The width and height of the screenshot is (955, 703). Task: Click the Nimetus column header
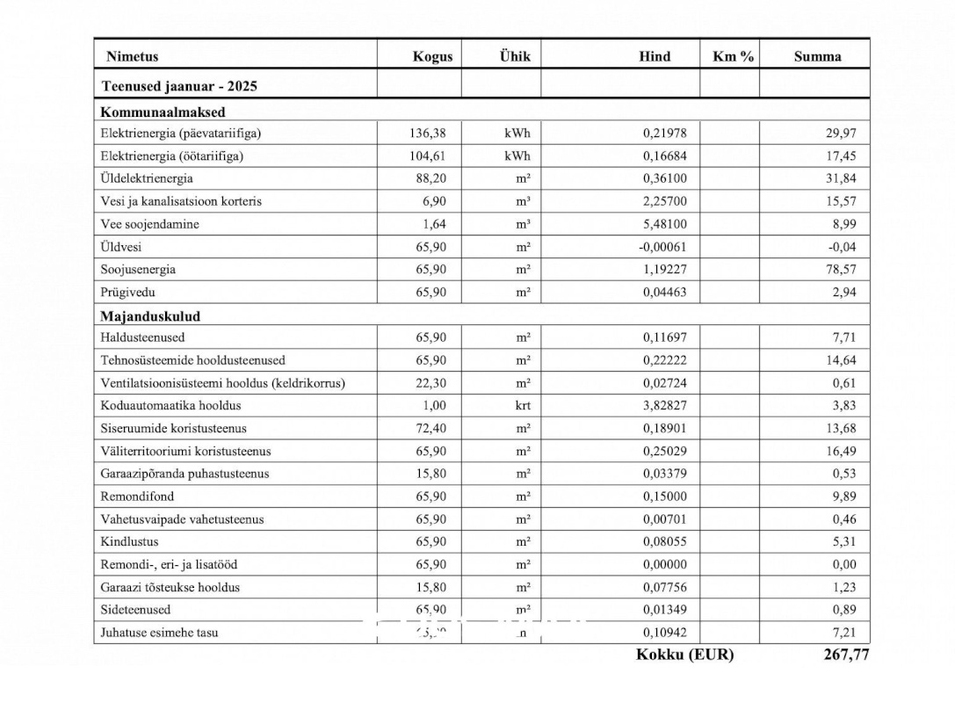click(x=133, y=56)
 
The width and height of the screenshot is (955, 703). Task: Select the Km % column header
click(x=733, y=56)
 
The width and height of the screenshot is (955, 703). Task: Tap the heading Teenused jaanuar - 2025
click(x=179, y=86)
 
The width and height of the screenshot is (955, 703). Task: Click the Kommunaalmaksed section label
click(x=163, y=112)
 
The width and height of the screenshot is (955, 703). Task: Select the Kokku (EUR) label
click(x=684, y=655)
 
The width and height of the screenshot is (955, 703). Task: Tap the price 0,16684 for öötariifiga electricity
click(x=664, y=156)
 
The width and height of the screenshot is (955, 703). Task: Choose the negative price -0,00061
click(x=662, y=247)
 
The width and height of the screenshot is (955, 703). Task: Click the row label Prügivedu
click(x=128, y=293)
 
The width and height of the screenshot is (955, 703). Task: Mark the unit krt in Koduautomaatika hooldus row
click(x=523, y=406)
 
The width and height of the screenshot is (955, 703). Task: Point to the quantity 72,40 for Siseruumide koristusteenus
click(x=430, y=429)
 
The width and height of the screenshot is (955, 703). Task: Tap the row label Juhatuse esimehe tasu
click(x=160, y=633)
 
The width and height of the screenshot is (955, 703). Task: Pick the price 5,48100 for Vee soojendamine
click(x=664, y=224)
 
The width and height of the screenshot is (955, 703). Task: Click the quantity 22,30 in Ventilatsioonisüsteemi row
click(x=430, y=383)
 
